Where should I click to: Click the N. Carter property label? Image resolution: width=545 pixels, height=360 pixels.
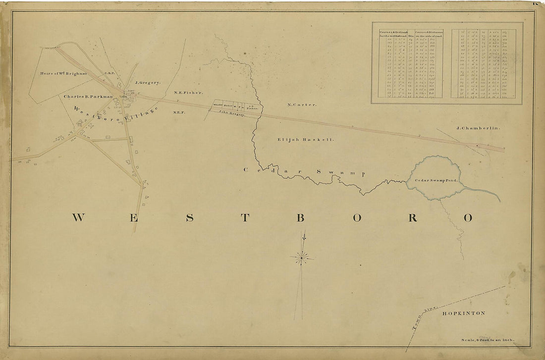coord(302,104)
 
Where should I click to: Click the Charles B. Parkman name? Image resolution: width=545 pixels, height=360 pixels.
coord(88,96)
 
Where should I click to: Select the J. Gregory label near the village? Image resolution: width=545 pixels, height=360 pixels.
coord(148,83)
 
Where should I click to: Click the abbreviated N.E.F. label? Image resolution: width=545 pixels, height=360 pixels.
coord(179,112)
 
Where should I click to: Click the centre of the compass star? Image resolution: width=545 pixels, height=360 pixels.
coord(301,257)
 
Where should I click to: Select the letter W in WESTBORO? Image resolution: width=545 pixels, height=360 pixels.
coord(78,217)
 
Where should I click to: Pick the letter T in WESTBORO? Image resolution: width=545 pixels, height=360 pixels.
coord(245,218)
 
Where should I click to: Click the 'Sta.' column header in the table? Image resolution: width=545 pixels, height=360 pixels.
coord(411,36)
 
